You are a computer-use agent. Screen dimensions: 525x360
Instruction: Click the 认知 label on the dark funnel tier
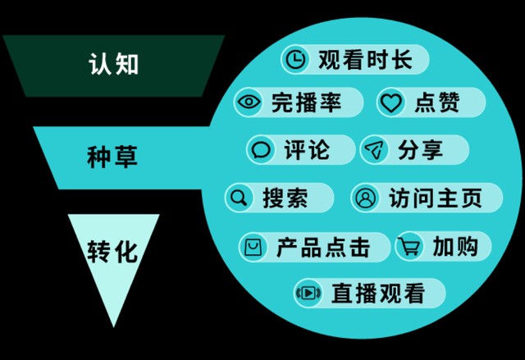click(x=114, y=64)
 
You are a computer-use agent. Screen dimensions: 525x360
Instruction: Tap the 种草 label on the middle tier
click(x=112, y=157)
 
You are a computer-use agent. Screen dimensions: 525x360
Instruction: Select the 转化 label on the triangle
click(x=112, y=251)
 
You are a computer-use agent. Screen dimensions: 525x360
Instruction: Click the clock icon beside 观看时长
click(x=295, y=59)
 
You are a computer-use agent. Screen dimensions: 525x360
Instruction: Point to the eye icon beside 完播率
click(x=248, y=102)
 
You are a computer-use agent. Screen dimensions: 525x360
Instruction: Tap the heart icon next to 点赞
click(x=391, y=102)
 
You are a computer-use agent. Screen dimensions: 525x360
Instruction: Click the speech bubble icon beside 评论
click(x=261, y=150)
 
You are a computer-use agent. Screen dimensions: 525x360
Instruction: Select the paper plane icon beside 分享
click(x=374, y=149)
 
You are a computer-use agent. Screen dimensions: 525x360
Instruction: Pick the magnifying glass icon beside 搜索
click(x=239, y=198)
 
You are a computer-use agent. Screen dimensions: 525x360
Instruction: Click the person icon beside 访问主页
click(x=365, y=198)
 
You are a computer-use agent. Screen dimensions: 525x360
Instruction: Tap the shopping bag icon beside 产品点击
click(x=253, y=248)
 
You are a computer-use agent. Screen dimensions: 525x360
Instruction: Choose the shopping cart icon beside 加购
click(x=409, y=247)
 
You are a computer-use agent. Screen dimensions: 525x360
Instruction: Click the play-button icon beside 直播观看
click(x=308, y=293)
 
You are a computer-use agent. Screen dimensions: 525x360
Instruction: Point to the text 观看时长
click(x=365, y=60)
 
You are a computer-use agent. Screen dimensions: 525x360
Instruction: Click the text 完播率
click(x=306, y=102)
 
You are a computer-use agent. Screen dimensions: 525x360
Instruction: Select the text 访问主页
click(x=436, y=198)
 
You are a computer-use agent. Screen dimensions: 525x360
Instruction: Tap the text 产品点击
click(x=323, y=248)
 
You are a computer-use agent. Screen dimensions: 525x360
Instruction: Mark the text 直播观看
click(x=378, y=293)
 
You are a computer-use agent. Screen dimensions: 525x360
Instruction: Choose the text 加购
click(x=455, y=247)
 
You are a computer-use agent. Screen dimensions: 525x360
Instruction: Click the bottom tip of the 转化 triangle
click(x=114, y=326)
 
